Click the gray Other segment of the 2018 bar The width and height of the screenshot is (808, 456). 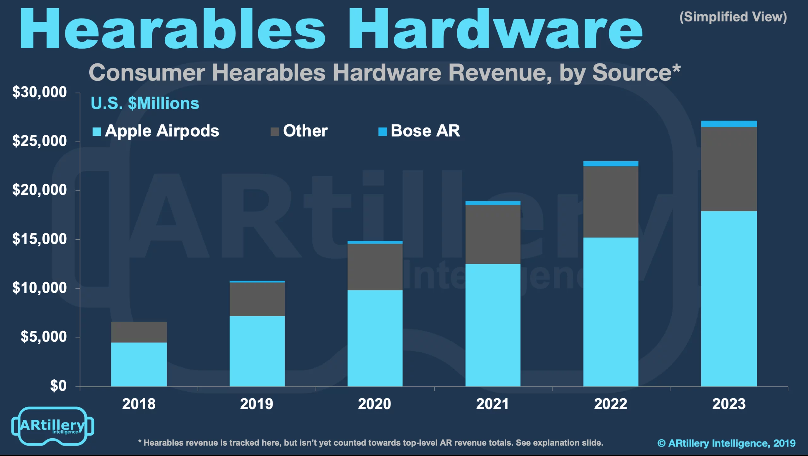pos(139,332)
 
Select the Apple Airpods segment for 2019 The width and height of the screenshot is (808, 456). pos(257,351)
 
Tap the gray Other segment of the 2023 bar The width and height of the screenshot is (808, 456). pos(729,169)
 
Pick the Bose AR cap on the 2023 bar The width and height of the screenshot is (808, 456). pos(729,124)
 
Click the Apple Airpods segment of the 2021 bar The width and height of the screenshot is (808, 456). pos(493,325)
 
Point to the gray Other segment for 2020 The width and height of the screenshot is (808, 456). pos(375,267)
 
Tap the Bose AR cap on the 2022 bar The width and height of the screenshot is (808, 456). pos(611,164)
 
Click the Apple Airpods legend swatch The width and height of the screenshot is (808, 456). pos(97,132)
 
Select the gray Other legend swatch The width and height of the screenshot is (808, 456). pos(275,132)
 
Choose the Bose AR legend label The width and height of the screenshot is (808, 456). pos(425,131)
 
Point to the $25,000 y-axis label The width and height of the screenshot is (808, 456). pos(39,141)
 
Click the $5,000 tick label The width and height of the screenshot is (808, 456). pos(44,337)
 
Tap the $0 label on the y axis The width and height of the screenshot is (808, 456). pos(58,386)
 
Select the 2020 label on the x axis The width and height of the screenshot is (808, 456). pos(375,404)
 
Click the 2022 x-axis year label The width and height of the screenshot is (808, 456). pos(611,404)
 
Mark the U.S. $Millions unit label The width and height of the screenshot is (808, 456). pos(145,103)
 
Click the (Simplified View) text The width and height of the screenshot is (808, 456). pos(733,17)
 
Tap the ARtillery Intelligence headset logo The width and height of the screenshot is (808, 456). pos(52,426)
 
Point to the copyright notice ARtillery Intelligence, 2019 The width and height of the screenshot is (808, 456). pos(726,443)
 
